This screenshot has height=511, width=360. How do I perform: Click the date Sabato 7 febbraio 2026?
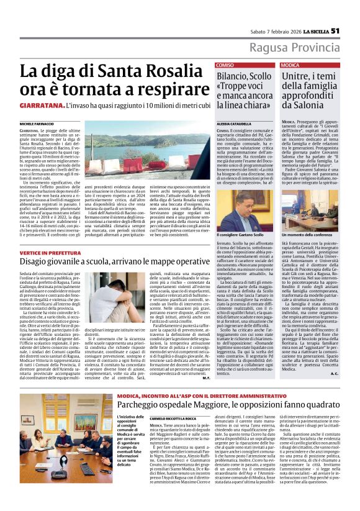click(x=271, y=32)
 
